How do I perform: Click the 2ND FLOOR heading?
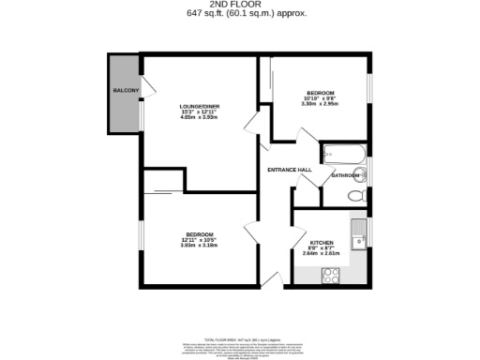pyautogui.click(x=240, y=5)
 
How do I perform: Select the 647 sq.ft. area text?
pyautogui.click(x=240, y=14)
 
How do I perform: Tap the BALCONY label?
pyautogui.click(x=127, y=90)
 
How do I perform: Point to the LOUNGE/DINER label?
pyautogui.click(x=199, y=107)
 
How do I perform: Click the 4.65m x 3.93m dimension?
pyautogui.click(x=199, y=119)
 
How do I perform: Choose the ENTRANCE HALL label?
pyautogui.click(x=290, y=169)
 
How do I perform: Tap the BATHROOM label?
pyautogui.click(x=347, y=175)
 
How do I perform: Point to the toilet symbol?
pyautogui.click(x=355, y=196)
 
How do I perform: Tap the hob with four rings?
pyautogui.click(x=331, y=275)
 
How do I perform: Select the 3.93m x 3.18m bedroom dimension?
pyautogui.click(x=199, y=246)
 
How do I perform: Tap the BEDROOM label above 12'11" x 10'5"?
pyautogui.click(x=199, y=233)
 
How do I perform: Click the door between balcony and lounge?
pyautogui.click(x=142, y=90)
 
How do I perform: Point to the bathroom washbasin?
pyautogui.click(x=365, y=172)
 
